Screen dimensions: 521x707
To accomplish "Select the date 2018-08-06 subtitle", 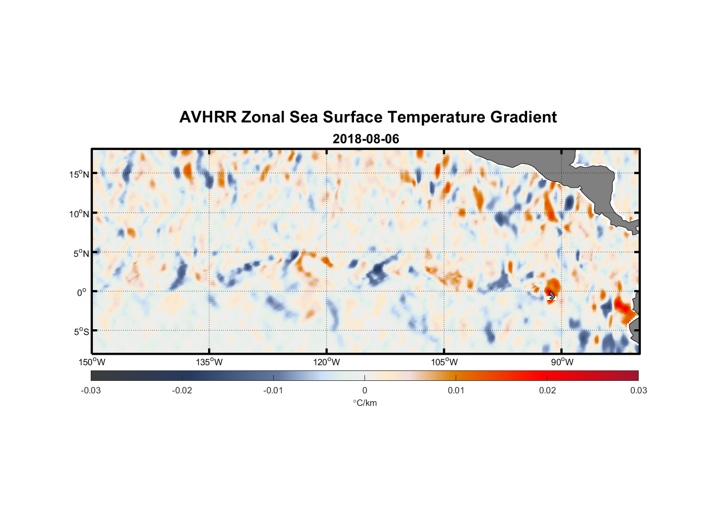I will coord(365,139).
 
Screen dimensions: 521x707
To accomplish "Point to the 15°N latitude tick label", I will coord(79,174).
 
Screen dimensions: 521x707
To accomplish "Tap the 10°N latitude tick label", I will coord(79,214).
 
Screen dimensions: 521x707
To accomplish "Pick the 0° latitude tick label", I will coord(82,292).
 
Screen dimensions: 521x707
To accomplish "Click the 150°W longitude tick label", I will coord(92,362).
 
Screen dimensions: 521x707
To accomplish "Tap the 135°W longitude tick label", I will coord(210,362).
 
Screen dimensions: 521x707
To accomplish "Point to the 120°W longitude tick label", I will coord(327,362).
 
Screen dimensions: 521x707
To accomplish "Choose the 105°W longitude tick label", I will coord(444,362).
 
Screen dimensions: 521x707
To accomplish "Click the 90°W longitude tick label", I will coord(562,362).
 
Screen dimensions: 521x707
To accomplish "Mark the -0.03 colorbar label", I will coord(91,390).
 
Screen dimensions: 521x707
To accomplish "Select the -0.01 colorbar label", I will coord(273,390).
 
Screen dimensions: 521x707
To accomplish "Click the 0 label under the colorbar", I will coord(364,390).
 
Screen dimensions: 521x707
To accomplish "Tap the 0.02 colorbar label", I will coord(547,390).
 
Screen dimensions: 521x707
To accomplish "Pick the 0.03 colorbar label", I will coord(638,390).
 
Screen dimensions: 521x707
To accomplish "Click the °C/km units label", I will coord(365,403).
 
